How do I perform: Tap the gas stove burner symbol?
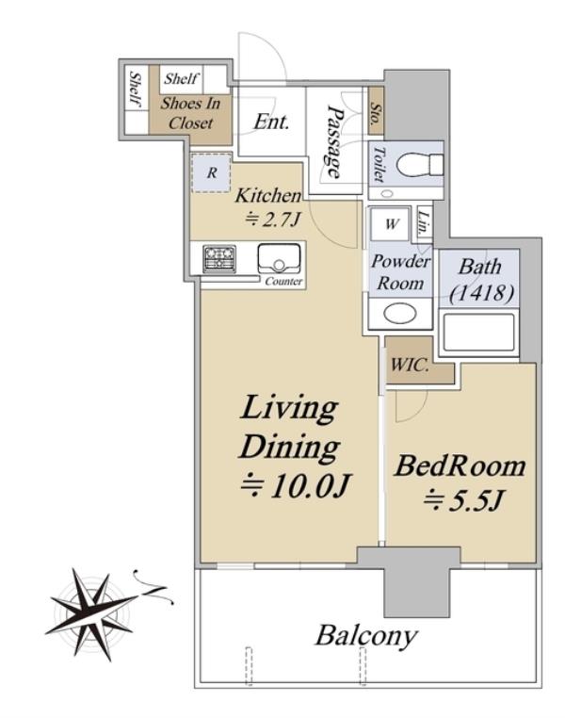(x=220, y=259)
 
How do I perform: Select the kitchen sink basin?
(x=279, y=259)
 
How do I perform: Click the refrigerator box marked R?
(x=211, y=173)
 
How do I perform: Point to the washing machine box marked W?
(x=390, y=224)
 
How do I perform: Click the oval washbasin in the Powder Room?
(x=400, y=314)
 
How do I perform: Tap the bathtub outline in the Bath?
(x=478, y=332)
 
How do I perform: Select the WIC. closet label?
(x=410, y=366)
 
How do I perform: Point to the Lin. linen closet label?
(x=424, y=222)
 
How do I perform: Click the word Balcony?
(x=366, y=636)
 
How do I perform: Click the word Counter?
(x=283, y=282)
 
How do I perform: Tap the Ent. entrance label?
(x=271, y=122)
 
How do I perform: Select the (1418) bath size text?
(x=482, y=292)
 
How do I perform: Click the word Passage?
(x=335, y=142)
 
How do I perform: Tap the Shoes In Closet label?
(x=190, y=113)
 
